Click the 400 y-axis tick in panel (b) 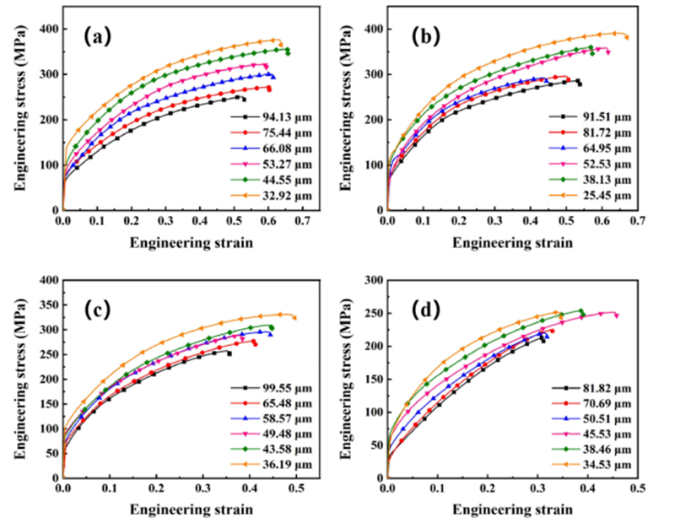click(371, 30)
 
